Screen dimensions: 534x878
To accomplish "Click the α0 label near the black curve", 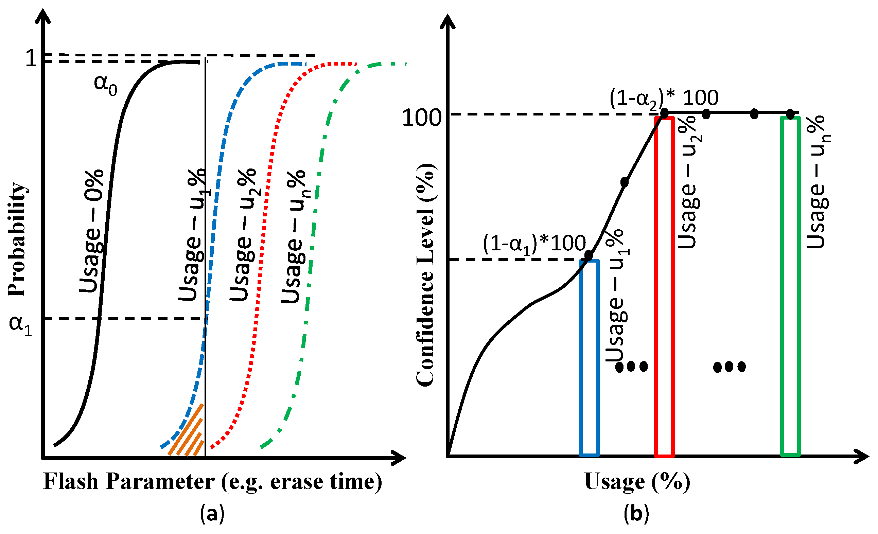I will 105,85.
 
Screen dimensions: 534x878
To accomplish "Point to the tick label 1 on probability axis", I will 31,58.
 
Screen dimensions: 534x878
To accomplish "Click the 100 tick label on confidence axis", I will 422,118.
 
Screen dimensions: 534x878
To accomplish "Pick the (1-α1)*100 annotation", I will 534,244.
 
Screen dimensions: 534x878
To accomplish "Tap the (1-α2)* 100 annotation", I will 664,97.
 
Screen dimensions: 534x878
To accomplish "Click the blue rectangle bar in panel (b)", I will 589,358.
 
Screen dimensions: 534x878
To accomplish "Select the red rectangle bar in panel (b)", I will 664,287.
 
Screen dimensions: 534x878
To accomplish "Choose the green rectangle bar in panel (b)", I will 790,287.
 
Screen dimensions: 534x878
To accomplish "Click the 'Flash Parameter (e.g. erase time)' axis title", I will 213,482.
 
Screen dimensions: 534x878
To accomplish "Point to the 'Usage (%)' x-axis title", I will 637,482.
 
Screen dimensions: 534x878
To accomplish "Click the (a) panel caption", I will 212,514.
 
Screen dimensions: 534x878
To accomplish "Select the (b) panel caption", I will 636,514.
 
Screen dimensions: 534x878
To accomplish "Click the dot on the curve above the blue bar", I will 588,255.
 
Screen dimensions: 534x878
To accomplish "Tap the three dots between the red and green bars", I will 729,367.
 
